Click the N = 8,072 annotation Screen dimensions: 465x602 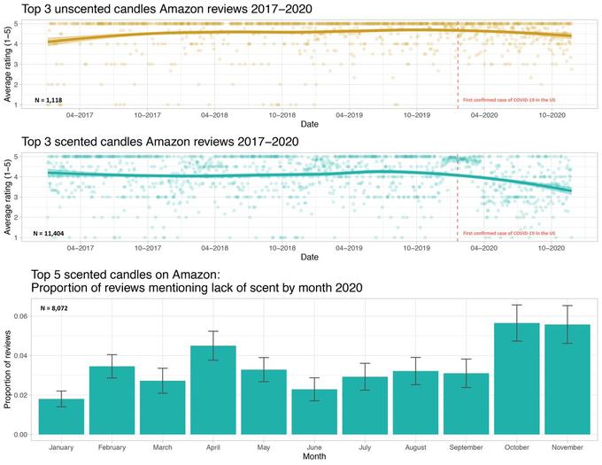tap(53, 308)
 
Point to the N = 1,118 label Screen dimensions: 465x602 tap(50, 100)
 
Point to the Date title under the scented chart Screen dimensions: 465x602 tap(310, 258)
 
